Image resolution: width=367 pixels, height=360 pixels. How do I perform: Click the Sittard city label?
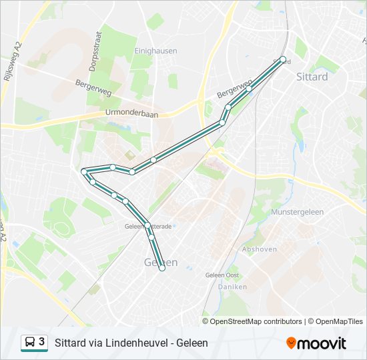pyautogui.click(x=312, y=77)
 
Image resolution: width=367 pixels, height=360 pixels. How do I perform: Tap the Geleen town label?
pyautogui.click(x=161, y=262)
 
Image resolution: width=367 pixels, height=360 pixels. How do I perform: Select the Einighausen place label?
pyautogui.click(x=155, y=51)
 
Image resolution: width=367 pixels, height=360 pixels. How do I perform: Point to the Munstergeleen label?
pyautogui.click(x=298, y=212)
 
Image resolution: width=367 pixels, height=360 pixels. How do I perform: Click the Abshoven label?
pyautogui.click(x=259, y=249)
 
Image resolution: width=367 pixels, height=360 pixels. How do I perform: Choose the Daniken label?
pyautogui.click(x=232, y=287)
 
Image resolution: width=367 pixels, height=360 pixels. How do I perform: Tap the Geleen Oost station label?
pyautogui.click(x=222, y=275)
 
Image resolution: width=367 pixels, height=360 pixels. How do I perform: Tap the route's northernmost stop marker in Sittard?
pyautogui.click(x=283, y=59)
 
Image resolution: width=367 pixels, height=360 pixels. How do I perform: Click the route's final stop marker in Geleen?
pyautogui.click(x=162, y=269)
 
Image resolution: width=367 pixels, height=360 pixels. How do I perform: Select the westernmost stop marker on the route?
pyautogui.click(x=84, y=172)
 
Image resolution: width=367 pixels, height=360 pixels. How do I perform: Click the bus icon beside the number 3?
pyautogui.click(x=30, y=343)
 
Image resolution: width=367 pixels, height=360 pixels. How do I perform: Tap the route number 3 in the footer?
pyautogui.click(x=42, y=342)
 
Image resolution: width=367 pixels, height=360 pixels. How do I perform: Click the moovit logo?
pyautogui.click(x=316, y=343)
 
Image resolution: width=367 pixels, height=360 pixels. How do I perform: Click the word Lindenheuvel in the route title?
pyautogui.click(x=133, y=343)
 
